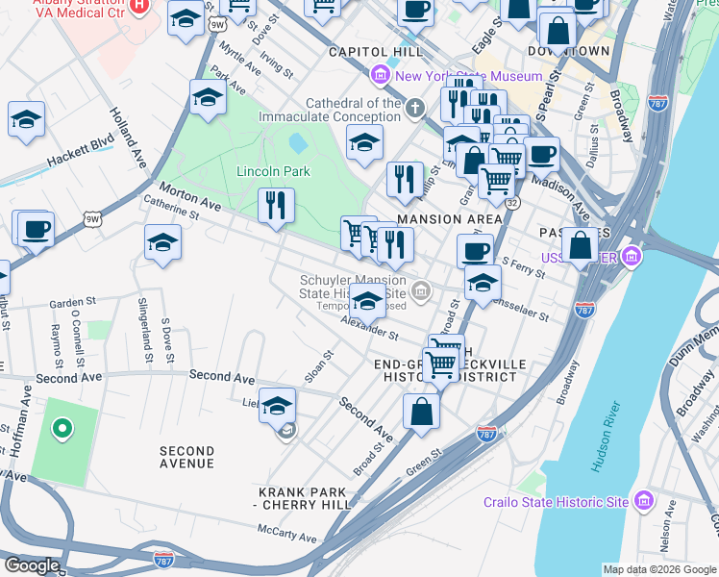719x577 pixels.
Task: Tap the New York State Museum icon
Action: (x=381, y=75)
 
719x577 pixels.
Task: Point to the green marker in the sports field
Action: (x=63, y=429)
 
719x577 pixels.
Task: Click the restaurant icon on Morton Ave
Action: (x=277, y=204)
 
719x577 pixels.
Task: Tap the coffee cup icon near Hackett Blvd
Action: (x=36, y=230)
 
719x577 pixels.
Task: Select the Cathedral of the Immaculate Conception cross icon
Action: (x=415, y=107)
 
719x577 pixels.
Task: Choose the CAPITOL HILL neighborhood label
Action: (x=375, y=51)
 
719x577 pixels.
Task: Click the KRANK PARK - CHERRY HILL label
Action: (x=299, y=498)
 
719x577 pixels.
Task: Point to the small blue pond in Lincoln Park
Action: (x=298, y=143)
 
